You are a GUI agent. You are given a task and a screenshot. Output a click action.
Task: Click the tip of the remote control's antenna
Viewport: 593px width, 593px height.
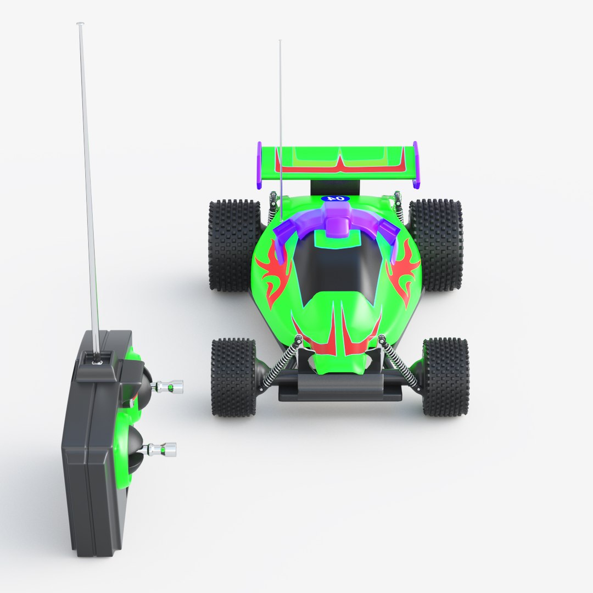tap(80, 24)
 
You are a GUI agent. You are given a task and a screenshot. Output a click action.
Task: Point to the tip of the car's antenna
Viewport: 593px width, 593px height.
tap(280, 42)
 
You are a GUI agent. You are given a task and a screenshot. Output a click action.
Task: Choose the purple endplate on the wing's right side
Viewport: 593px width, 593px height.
tap(416, 165)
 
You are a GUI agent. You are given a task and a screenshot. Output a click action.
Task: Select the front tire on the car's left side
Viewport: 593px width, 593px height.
tap(234, 377)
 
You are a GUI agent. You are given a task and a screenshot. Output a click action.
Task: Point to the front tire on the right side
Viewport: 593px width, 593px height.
tap(445, 377)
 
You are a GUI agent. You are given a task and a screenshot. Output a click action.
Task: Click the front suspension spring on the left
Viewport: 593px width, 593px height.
tap(281, 362)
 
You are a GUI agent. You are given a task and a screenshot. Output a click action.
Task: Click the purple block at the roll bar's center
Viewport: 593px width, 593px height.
tap(336, 220)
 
